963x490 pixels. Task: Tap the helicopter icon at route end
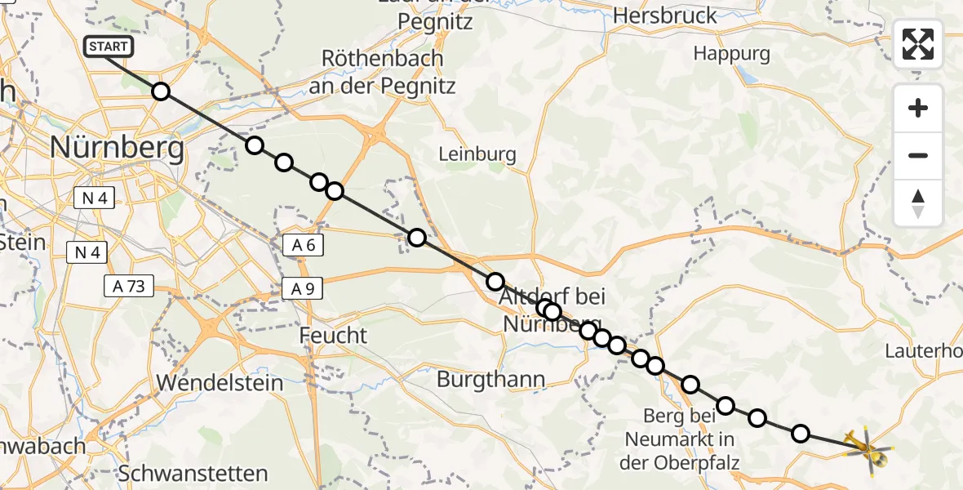click(x=868, y=449)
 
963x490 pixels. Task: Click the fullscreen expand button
click(x=918, y=44)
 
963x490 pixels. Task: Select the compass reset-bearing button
click(x=918, y=203)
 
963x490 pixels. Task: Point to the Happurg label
click(x=731, y=54)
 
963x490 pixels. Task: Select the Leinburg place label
click(x=477, y=154)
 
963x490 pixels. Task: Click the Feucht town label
click(x=333, y=336)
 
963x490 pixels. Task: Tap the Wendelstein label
click(x=220, y=382)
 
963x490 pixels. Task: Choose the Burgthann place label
click(x=490, y=379)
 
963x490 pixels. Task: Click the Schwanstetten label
click(x=193, y=474)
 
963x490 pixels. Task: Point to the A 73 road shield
click(x=129, y=286)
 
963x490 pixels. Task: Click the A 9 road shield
click(x=303, y=288)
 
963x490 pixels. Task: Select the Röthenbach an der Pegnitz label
click(x=383, y=72)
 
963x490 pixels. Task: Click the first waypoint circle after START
click(x=161, y=91)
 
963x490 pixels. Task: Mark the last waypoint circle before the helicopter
click(x=801, y=434)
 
